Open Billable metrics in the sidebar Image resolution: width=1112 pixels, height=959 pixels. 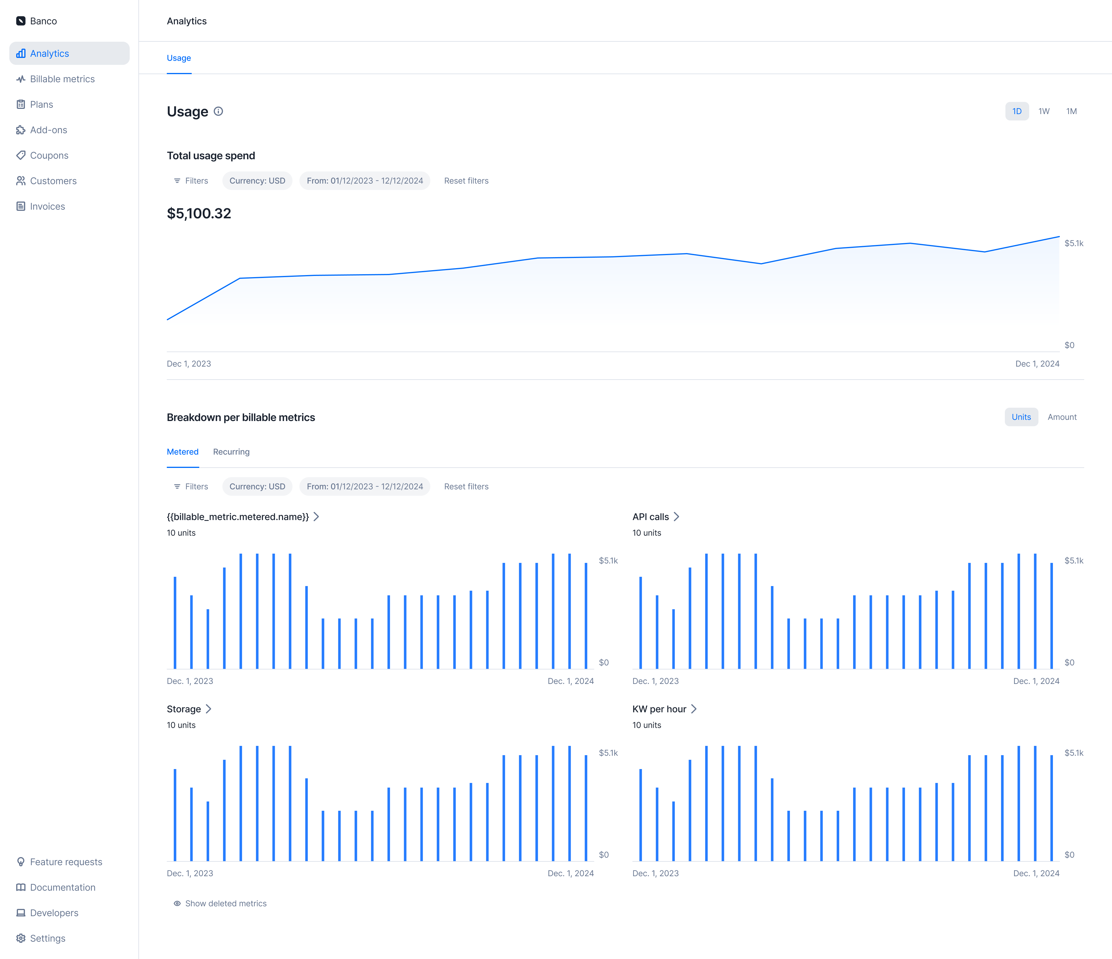coord(62,79)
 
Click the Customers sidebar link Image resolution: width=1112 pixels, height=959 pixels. coord(53,181)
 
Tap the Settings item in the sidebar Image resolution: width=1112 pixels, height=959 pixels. coord(47,938)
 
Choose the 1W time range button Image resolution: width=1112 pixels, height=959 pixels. coord(1043,111)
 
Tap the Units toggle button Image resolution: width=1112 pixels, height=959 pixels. coord(1021,417)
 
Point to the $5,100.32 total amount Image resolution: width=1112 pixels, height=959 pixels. coord(199,214)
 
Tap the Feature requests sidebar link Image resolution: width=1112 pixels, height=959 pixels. coord(65,862)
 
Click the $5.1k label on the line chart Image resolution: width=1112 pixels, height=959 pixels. coord(1073,243)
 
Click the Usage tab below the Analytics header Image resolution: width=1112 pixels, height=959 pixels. coord(179,58)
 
